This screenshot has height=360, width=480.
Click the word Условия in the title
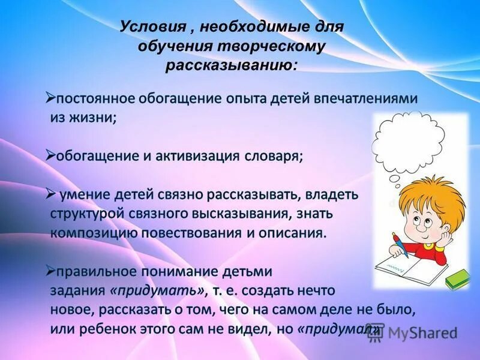[146, 28]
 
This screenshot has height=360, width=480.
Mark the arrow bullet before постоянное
[50, 96]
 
